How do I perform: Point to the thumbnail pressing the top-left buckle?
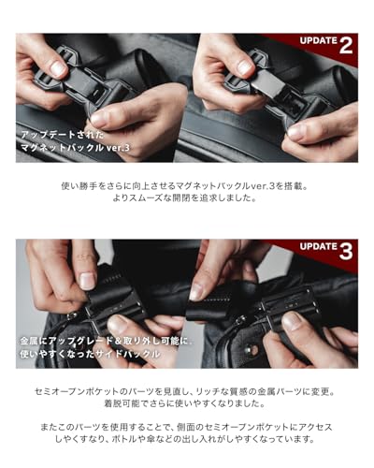click(x=58, y=68)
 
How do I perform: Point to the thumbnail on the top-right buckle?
click(x=240, y=66)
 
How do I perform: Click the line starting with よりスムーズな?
click(x=186, y=200)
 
